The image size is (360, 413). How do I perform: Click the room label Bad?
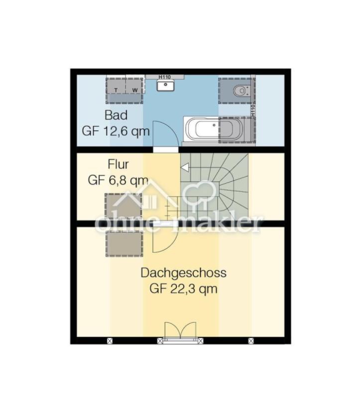click(116, 115)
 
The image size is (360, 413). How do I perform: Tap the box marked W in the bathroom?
click(134, 90)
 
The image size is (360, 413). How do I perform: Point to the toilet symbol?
click(240, 90)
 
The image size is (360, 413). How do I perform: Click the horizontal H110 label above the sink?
click(165, 77)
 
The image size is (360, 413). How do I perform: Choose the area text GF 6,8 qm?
click(118, 180)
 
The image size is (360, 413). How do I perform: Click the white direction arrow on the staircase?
click(185, 168)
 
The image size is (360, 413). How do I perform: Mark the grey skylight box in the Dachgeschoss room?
click(124, 244)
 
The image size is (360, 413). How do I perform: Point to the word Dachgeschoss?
click(183, 273)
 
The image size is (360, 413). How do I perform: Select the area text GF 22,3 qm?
click(183, 289)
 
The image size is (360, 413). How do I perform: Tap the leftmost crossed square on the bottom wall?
click(110, 341)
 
